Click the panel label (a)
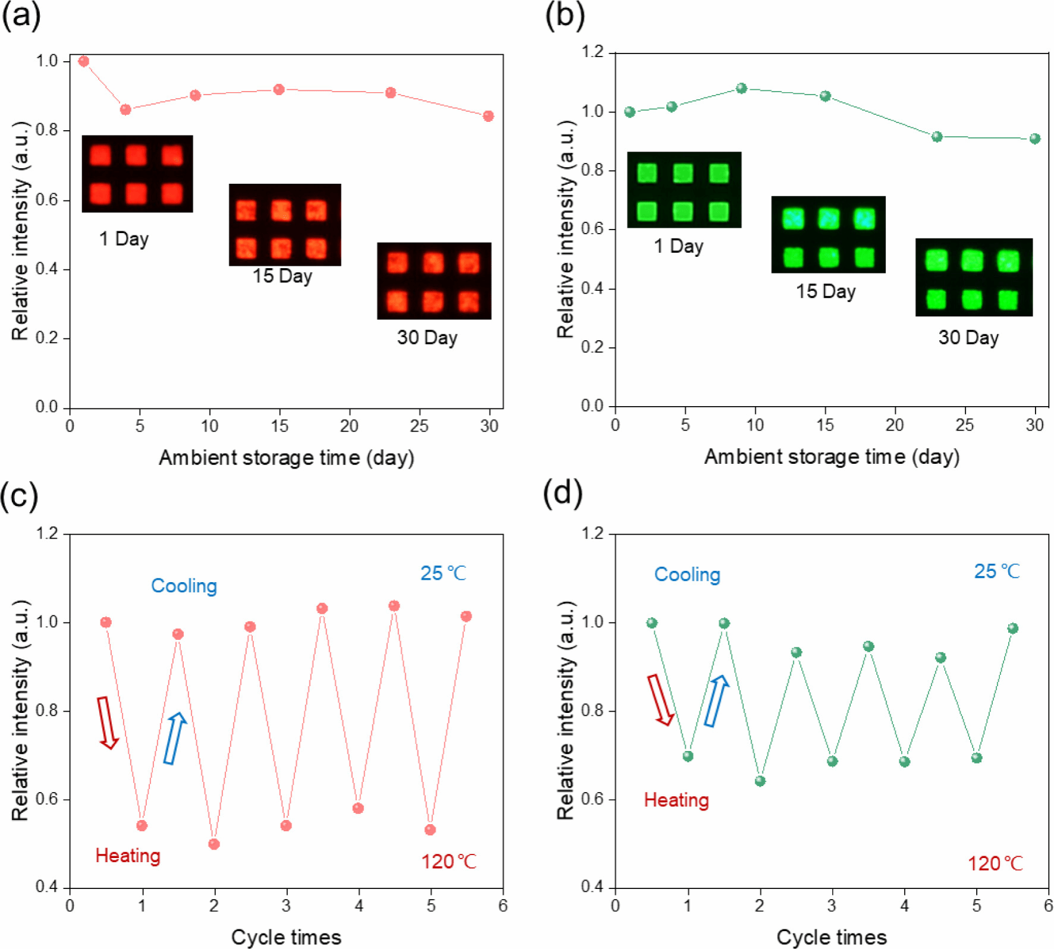click(21, 15)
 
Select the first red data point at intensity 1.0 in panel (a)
click(84, 61)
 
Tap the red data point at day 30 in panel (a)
click(488, 116)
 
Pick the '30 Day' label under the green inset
click(968, 338)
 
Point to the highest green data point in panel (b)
click(741, 89)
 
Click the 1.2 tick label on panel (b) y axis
click(593, 52)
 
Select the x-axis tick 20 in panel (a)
click(349, 426)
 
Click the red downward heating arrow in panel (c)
click(108, 722)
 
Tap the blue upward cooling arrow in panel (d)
click(717, 701)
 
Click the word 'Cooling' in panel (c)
click(184, 586)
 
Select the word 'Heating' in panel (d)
click(676, 800)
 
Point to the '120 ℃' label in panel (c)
click(449, 862)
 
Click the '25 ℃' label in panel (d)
click(997, 571)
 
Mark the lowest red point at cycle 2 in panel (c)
click(214, 844)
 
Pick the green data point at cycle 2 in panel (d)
click(760, 781)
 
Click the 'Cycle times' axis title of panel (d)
click(832, 937)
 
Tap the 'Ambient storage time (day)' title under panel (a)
click(286, 458)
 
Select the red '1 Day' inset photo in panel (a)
click(137, 174)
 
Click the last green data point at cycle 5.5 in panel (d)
click(1012, 629)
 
